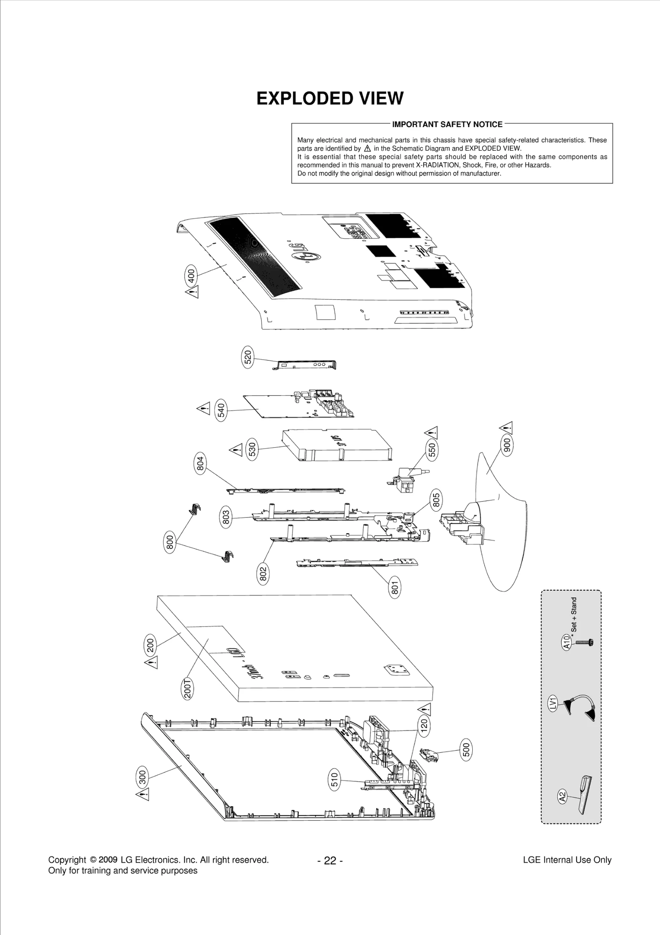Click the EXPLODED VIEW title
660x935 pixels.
click(x=330, y=98)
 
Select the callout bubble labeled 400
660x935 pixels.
click(x=191, y=275)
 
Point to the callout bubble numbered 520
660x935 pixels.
click(x=247, y=357)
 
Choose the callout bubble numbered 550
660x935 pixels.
click(x=431, y=450)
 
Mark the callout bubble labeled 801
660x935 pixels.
click(x=395, y=586)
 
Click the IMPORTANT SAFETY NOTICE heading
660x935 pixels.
click(x=447, y=124)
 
